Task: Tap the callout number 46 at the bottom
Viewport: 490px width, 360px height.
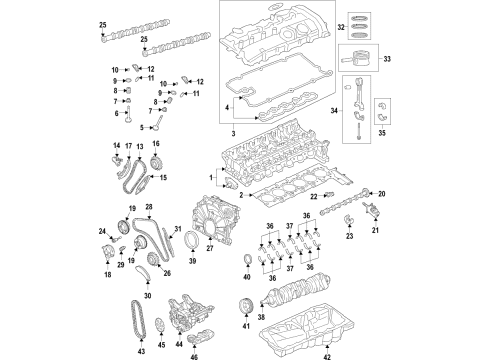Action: point(194,354)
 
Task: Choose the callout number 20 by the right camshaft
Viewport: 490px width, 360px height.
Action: point(381,193)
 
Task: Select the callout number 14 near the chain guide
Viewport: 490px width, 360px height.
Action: point(114,147)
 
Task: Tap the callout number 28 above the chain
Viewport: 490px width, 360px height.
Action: point(148,207)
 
